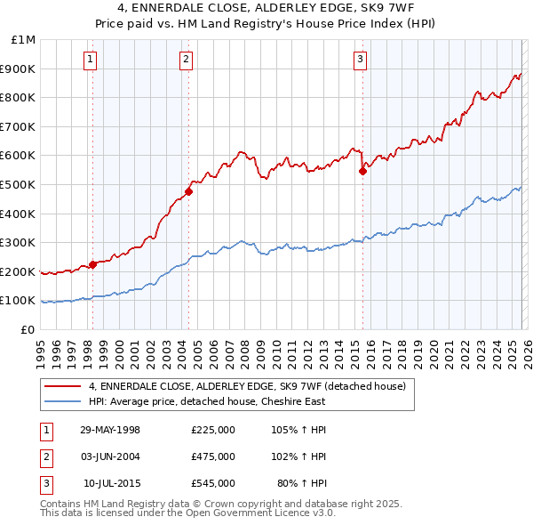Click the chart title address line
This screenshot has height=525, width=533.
tap(266, 8)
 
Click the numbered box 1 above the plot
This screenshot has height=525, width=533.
tap(91, 60)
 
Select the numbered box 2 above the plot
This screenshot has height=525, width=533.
tap(186, 60)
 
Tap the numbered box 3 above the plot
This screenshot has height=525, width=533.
tap(360, 60)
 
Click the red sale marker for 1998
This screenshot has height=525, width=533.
tap(93, 264)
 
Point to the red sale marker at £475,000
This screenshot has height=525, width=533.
tap(188, 191)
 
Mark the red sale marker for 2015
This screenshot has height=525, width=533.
tap(362, 172)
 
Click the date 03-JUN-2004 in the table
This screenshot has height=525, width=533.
tap(110, 456)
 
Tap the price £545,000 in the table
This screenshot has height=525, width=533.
tap(213, 483)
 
